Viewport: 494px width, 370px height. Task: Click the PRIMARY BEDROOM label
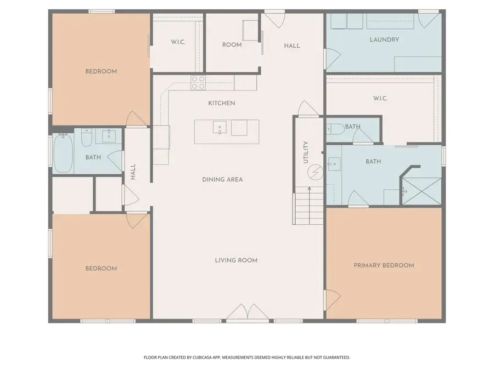coord(384,265)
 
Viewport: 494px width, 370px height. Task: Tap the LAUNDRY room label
coord(384,39)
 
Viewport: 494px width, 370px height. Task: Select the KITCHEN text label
coord(222,103)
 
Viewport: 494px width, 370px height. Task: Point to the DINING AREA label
coord(222,179)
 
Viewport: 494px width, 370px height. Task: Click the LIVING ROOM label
coord(236,260)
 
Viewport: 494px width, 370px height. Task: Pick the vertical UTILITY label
coord(306,152)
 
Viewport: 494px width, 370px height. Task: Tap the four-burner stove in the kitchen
coord(198,82)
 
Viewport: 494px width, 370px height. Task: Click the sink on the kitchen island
coord(220,127)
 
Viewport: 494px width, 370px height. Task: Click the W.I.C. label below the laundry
coord(380,99)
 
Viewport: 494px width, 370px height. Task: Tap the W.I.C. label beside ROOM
coord(177,43)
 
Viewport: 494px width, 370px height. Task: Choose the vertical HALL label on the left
coord(133,173)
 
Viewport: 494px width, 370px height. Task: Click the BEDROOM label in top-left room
coord(101,71)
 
